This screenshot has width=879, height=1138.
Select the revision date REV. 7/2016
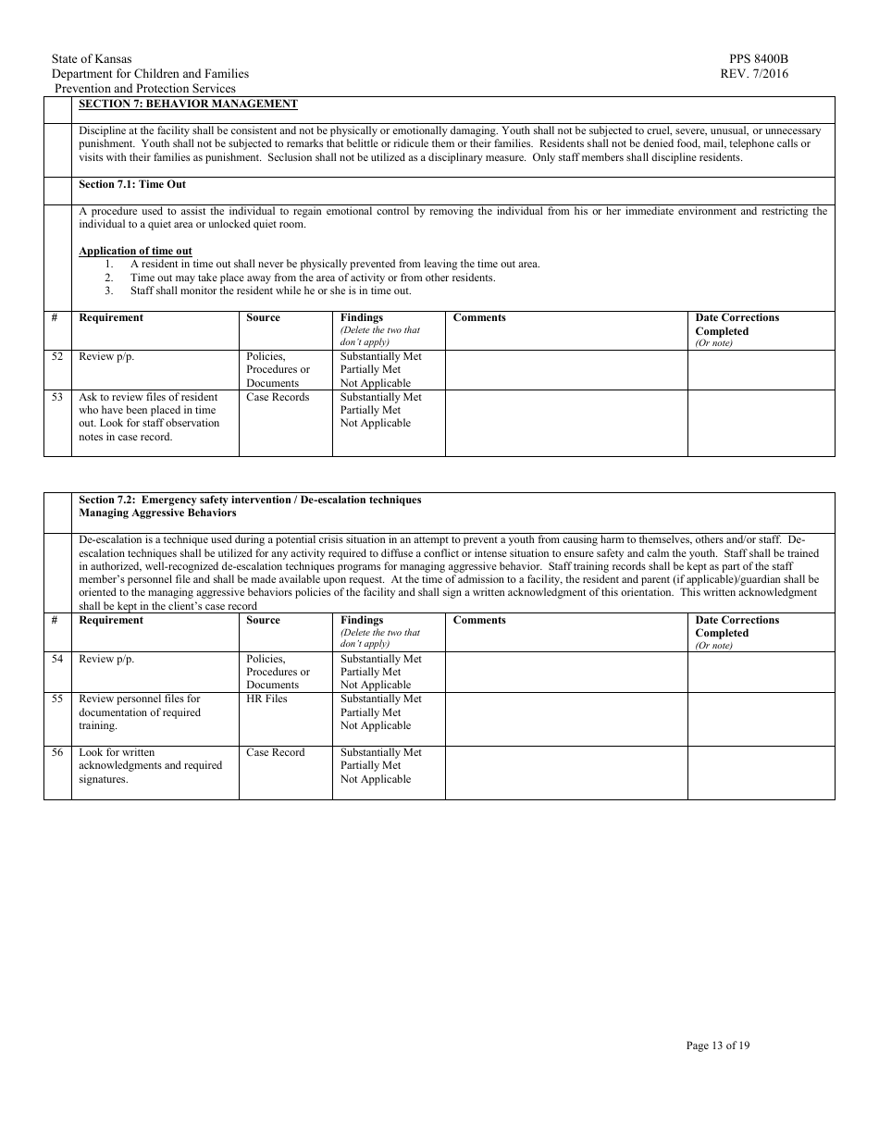tap(754, 74)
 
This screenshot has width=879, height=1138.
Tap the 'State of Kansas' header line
tap(92, 59)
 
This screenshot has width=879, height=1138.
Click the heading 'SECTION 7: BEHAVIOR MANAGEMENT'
tap(188, 104)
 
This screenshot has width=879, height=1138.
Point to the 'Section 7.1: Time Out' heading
tap(132, 184)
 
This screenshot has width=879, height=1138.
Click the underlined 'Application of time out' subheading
tap(135, 251)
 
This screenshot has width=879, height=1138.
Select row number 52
tap(57, 356)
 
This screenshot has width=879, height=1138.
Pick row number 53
tap(57, 397)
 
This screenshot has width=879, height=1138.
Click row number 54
tap(57, 659)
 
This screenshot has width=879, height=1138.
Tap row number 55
tap(57, 699)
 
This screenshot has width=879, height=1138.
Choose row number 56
tap(57, 753)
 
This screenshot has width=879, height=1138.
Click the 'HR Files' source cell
tap(266, 699)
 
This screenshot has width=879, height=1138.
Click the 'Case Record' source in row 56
tap(275, 753)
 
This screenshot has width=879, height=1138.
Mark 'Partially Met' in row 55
tap(370, 712)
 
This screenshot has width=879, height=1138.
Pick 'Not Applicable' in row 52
tap(375, 383)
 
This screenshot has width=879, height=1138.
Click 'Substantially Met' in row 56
tap(380, 753)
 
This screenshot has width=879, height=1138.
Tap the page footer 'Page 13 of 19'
tap(717, 1045)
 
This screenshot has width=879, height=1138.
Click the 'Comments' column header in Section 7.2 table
tap(479, 620)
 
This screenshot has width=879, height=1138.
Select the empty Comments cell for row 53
tap(565, 423)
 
